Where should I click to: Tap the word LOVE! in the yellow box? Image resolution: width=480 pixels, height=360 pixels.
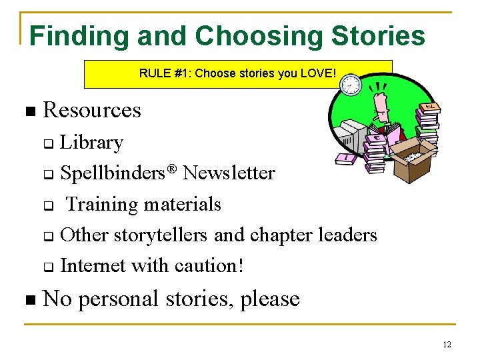pyautogui.click(x=318, y=73)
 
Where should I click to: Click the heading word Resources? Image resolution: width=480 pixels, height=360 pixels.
pyautogui.click(x=92, y=110)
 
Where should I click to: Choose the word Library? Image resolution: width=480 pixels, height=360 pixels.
pyautogui.click(x=91, y=143)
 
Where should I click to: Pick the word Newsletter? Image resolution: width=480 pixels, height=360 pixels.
pyautogui.click(x=229, y=173)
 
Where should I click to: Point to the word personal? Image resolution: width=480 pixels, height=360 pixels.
pyautogui.click(x=125, y=299)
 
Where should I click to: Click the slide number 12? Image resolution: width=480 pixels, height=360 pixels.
pyautogui.click(x=447, y=345)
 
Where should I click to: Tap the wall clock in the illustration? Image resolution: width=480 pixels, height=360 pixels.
pyautogui.click(x=350, y=85)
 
